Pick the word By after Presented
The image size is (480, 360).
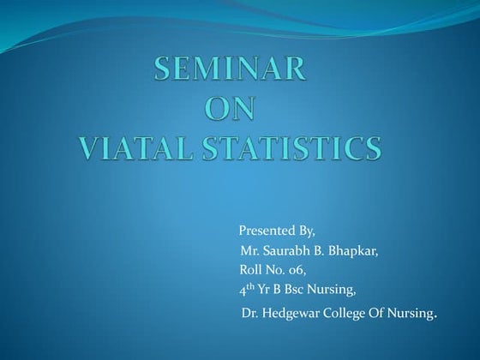tap(308, 232)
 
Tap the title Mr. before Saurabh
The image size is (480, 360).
tap(250, 251)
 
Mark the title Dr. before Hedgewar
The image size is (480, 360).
tap(249, 315)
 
